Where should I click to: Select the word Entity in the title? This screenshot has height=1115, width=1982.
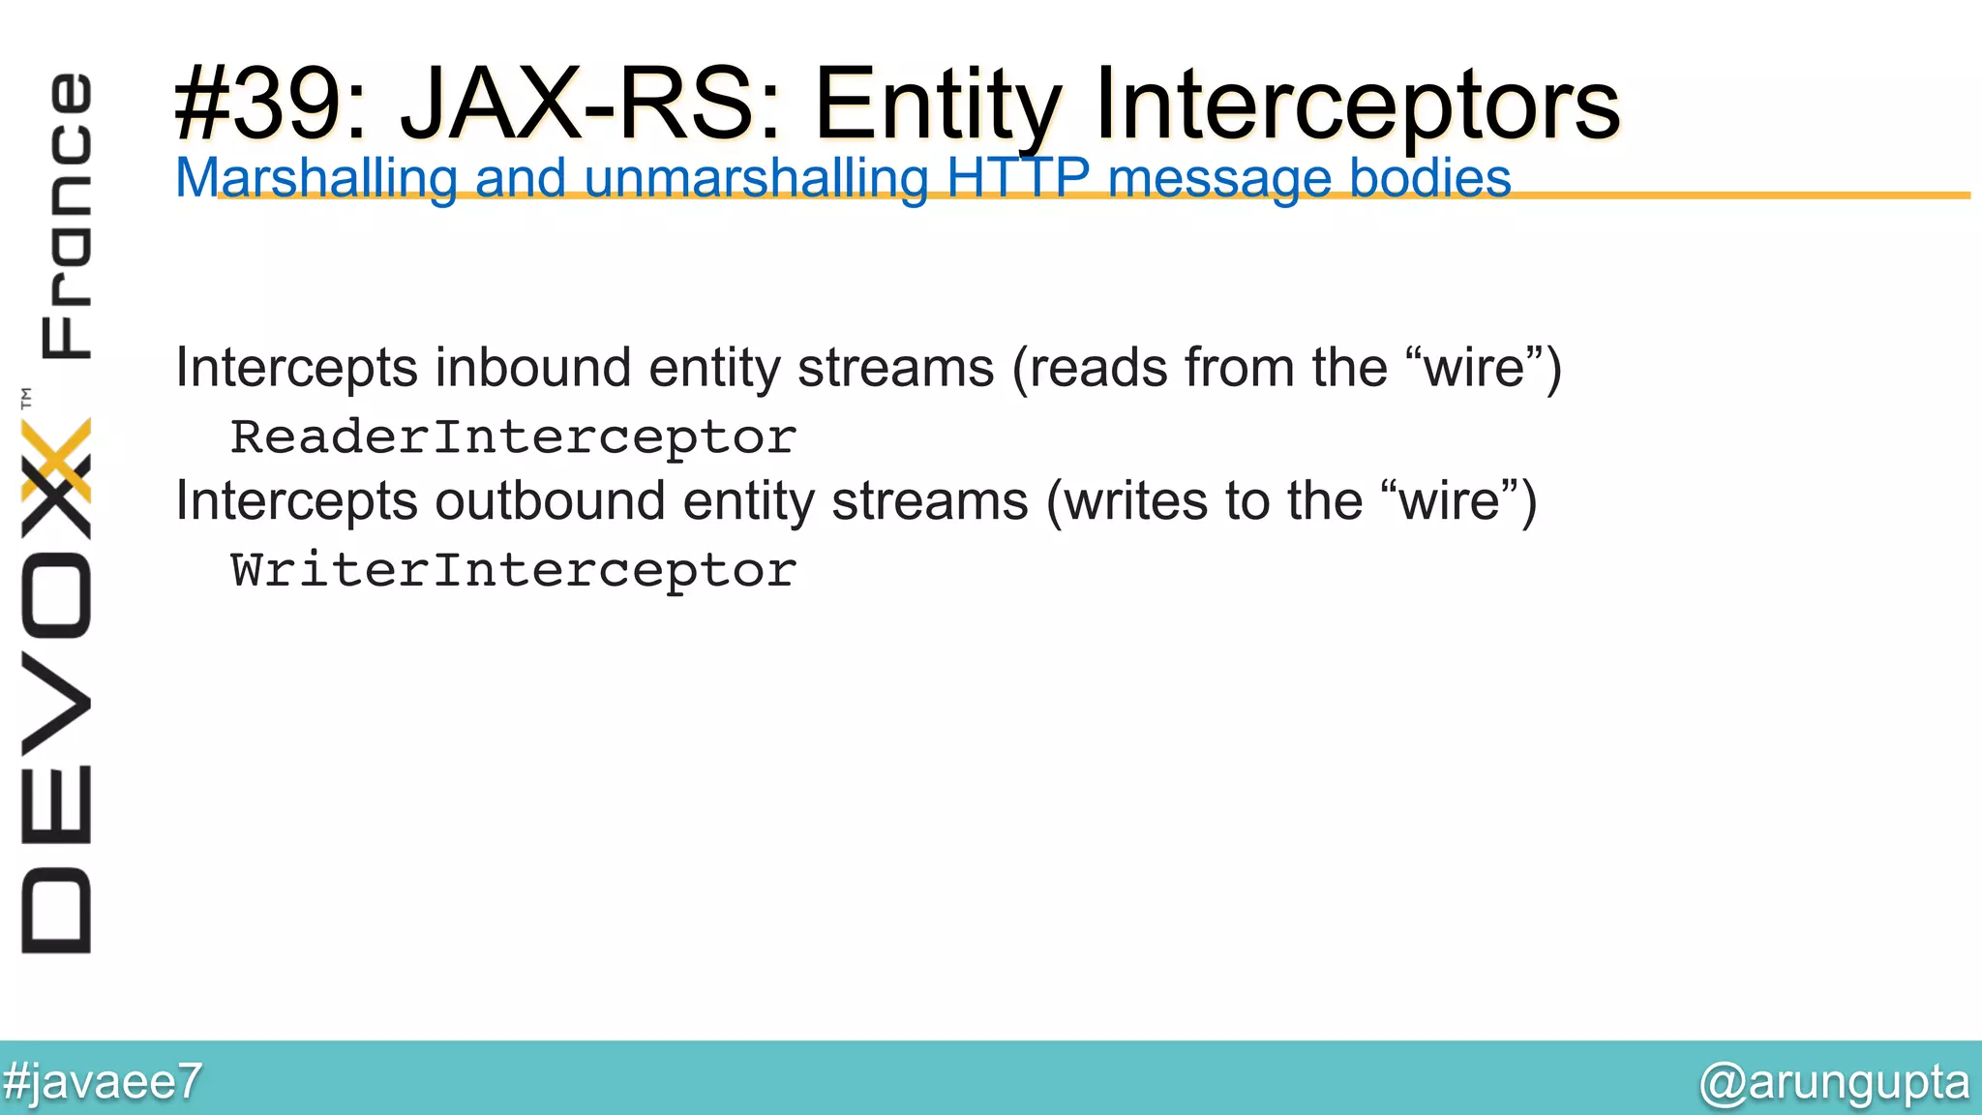937,104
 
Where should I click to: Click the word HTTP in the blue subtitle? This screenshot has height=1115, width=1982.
1018,179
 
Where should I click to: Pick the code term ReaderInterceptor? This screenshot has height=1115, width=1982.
513,437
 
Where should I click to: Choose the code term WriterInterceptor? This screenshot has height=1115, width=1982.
513,570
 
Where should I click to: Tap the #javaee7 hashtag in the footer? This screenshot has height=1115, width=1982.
103,1081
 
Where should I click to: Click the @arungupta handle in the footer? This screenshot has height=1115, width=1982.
1834,1081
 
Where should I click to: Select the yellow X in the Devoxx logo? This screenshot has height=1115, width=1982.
57,460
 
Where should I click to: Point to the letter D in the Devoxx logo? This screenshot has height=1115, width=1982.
57,911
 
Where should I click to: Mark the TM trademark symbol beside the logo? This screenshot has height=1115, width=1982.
26,397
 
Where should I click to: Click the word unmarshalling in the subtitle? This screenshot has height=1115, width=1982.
756,179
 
